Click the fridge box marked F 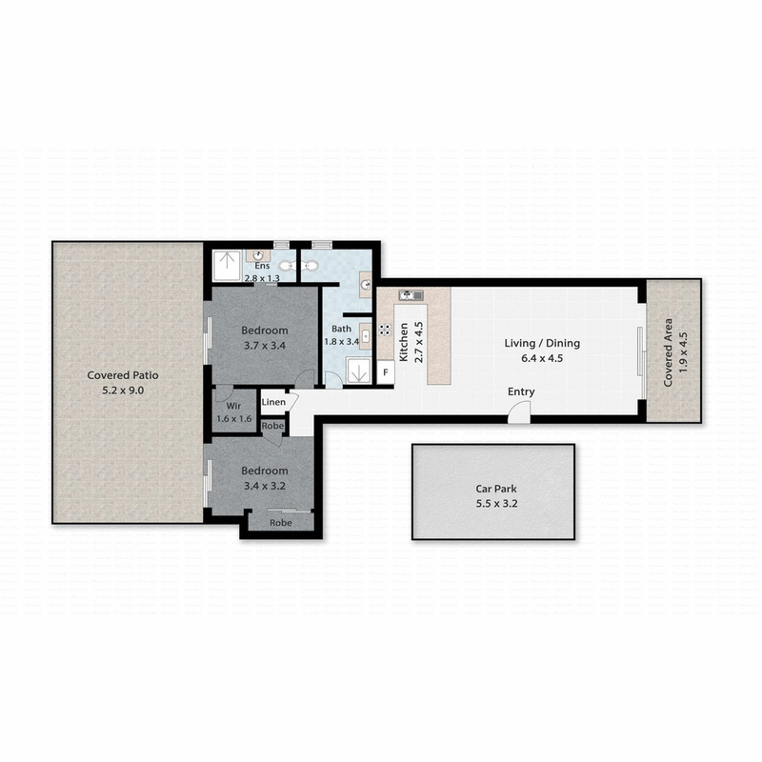pyautogui.click(x=386, y=372)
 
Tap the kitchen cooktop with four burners pyautogui.click(x=385, y=330)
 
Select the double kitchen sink pyautogui.click(x=411, y=295)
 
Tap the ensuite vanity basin pyautogui.click(x=256, y=256)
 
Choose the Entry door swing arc pyautogui.click(x=519, y=412)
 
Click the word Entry pyautogui.click(x=521, y=391)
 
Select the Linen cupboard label pyautogui.click(x=274, y=403)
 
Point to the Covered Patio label pyautogui.click(x=127, y=375)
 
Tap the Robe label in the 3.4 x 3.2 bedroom pyautogui.click(x=280, y=523)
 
